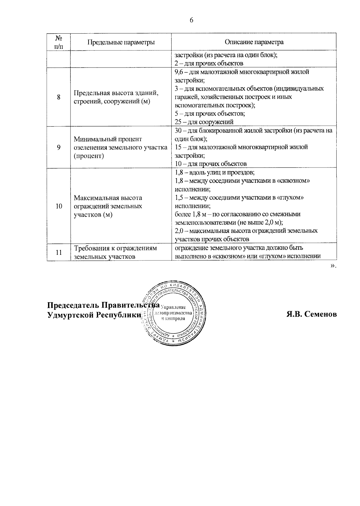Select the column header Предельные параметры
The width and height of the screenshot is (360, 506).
click(x=121, y=42)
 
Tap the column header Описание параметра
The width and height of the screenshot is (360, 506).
click(x=254, y=42)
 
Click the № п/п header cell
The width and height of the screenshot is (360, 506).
click(x=58, y=42)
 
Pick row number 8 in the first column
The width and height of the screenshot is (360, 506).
click(x=58, y=97)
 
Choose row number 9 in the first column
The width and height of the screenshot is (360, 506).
click(x=58, y=147)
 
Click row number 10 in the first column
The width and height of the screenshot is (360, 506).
click(x=58, y=206)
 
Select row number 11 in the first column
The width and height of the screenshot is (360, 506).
click(x=58, y=252)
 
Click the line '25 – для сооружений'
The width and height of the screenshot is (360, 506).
click(x=204, y=122)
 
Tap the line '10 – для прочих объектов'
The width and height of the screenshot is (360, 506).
click(x=211, y=164)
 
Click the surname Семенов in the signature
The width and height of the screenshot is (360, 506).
click(x=321, y=314)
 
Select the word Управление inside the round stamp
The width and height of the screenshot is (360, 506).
click(x=174, y=307)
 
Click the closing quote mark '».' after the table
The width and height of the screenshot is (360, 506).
click(x=333, y=266)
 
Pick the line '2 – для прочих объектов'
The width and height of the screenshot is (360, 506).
click(x=209, y=63)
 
